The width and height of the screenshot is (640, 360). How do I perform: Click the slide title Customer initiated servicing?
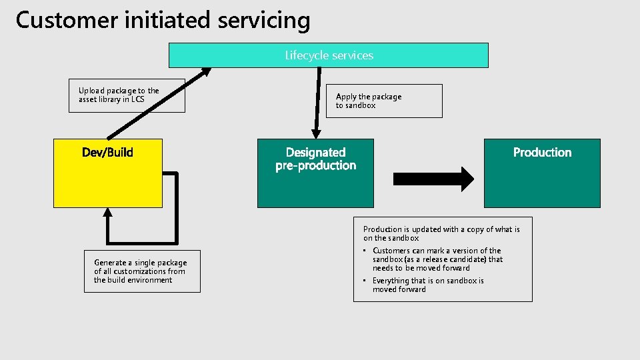coord(163,20)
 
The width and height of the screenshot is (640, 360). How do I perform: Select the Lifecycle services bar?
coord(328,55)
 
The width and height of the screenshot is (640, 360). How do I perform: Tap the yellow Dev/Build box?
coord(107,180)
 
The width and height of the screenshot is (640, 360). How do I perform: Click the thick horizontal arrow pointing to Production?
coord(433,179)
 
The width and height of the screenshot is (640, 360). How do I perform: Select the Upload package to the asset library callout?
coord(127,95)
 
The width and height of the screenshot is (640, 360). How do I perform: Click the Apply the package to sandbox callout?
coord(383,101)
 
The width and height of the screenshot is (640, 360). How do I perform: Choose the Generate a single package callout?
coord(142,271)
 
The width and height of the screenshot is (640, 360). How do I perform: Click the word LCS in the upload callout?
coord(137,100)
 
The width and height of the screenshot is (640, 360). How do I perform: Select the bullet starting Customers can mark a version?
coord(437,259)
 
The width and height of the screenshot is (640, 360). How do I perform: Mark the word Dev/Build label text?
coord(107,153)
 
